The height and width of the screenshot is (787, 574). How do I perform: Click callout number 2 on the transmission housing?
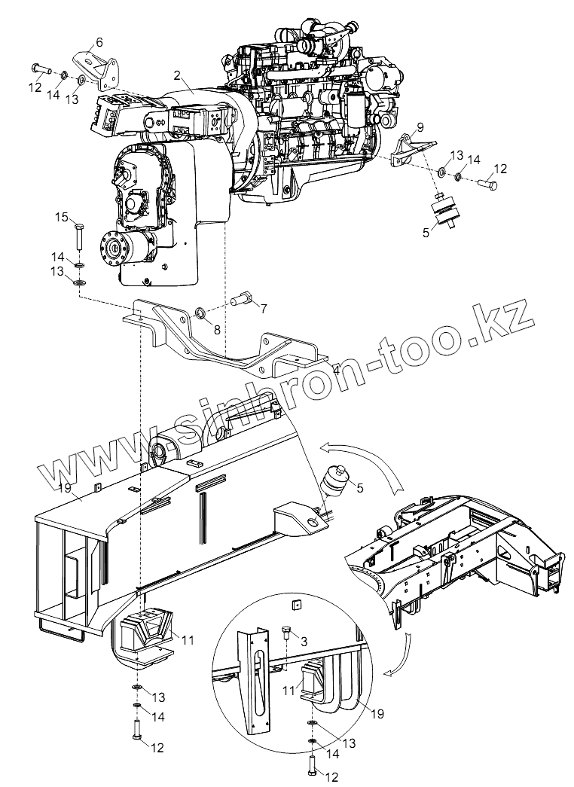click(176, 75)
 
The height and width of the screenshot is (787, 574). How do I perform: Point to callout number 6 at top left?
click(100, 41)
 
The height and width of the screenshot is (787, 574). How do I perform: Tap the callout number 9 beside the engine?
click(420, 127)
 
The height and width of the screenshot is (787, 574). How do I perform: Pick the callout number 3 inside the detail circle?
click(303, 641)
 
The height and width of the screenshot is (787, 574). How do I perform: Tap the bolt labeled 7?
click(240, 300)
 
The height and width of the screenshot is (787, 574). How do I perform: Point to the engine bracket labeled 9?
click(411, 151)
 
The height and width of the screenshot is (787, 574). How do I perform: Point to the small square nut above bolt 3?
click(298, 605)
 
